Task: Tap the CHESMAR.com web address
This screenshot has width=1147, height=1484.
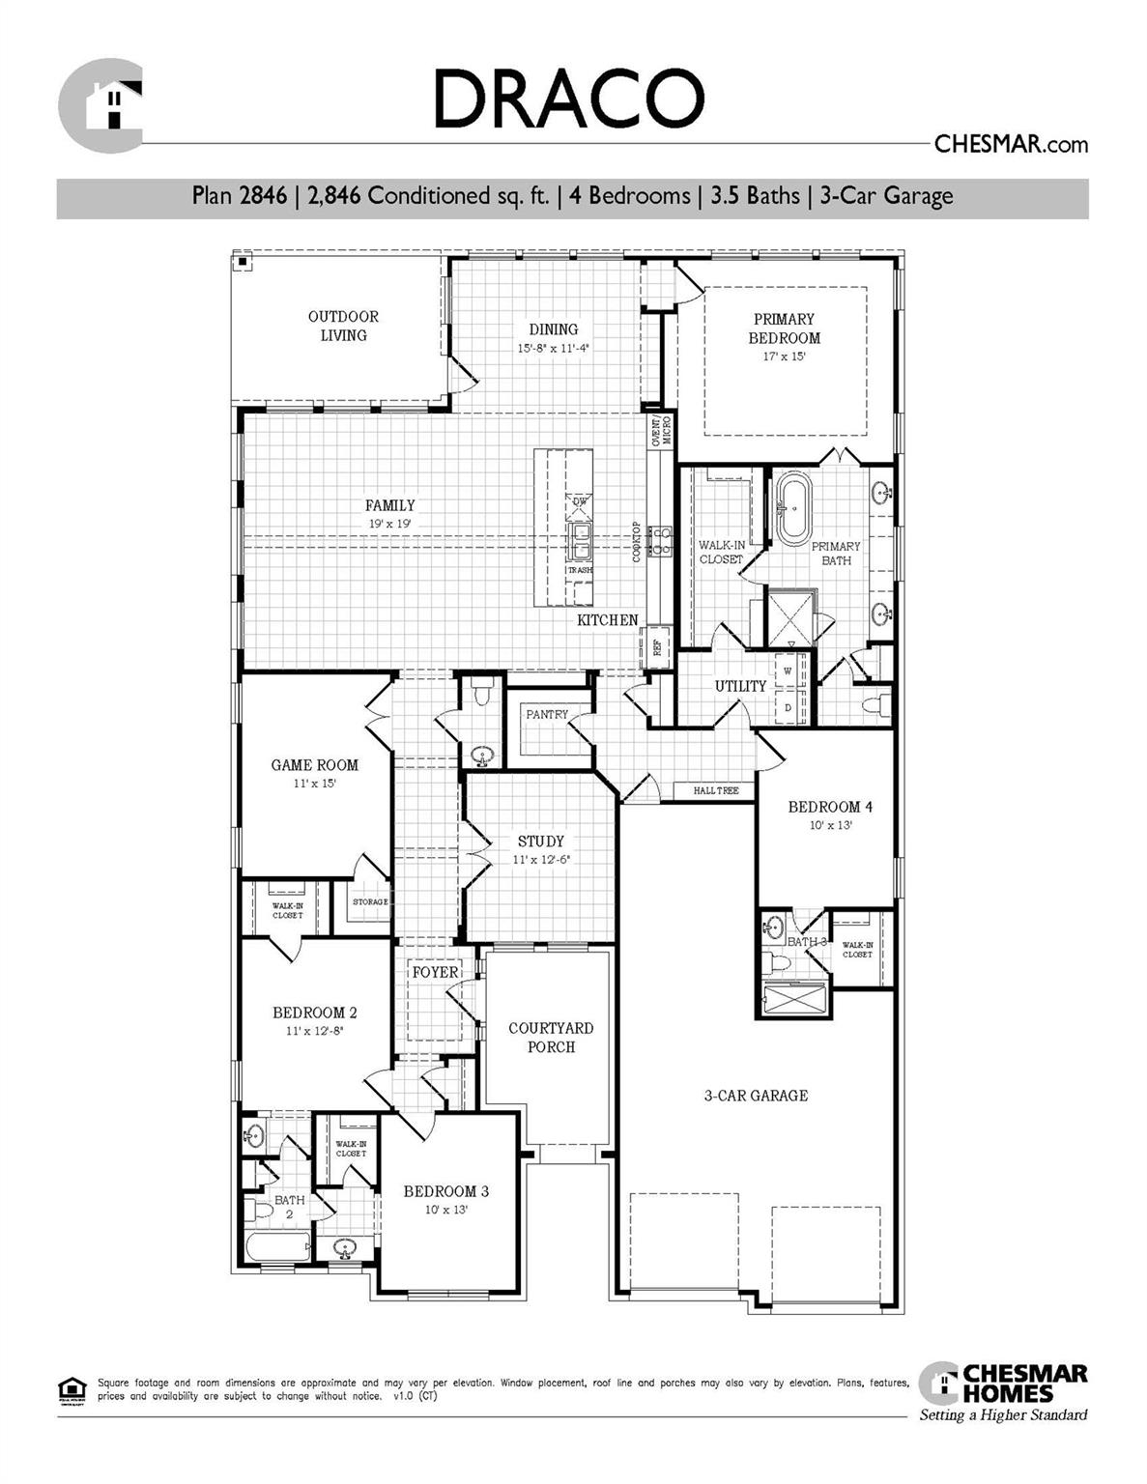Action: coord(1011,145)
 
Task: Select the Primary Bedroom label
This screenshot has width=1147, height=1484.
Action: coord(784,328)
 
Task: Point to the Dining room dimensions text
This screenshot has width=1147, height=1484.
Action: coord(553,348)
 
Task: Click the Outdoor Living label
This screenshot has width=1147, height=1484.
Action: coord(343,326)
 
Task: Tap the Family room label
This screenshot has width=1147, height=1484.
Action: coord(389,505)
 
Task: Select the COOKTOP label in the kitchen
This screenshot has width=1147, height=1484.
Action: coord(637,542)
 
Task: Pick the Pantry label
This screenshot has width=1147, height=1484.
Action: coord(547,715)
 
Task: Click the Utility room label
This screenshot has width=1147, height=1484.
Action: coord(740,686)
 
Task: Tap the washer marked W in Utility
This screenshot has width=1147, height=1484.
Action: coord(788,671)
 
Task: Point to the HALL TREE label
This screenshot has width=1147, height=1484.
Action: coord(715,791)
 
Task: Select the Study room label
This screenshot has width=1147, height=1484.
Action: coord(540,842)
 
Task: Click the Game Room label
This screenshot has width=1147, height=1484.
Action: coord(314,765)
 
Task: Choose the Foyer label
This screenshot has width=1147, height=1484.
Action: coord(435,972)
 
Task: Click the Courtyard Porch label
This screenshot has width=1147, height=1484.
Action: coord(551,1038)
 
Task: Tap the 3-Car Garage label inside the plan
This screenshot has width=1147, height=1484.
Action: coord(756,1096)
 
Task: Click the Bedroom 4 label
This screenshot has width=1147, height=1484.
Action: coord(830,807)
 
